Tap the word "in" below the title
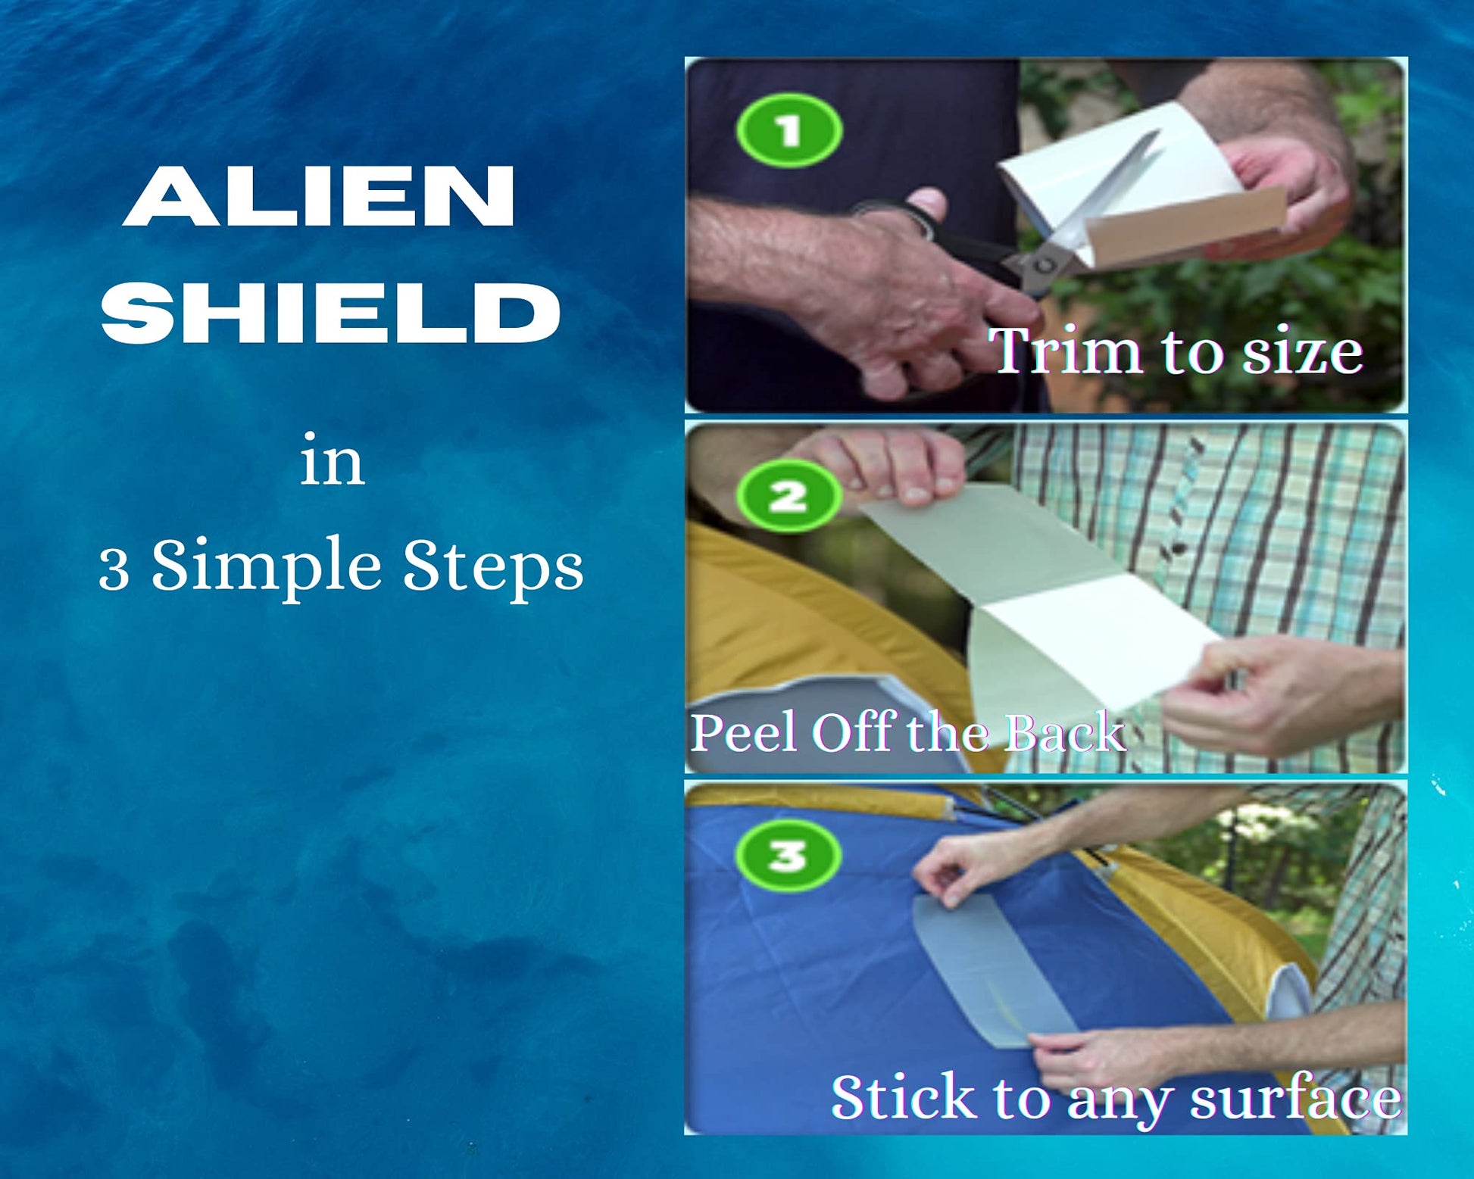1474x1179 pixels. (333, 461)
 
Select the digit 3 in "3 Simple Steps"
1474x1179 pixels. (114, 569)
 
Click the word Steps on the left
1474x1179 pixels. (493, 568)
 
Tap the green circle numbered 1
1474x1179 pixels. (789, 130)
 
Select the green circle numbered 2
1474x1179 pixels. (789, 497)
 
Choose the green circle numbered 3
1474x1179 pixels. (789, 855)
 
